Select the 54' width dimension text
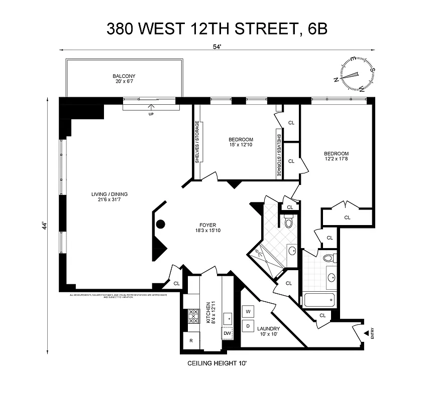pos(217,46)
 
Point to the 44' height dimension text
pos(44,226)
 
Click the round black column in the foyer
pos(161,224)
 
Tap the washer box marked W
pos(248,311)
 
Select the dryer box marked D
pos(248,326)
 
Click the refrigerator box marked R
pos(191,341)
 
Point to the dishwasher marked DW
pos(227,332)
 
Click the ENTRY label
pos(372,334)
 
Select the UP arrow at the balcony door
pos(151,109)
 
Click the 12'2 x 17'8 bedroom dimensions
pos(336,160)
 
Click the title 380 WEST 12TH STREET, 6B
pos(217,29)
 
